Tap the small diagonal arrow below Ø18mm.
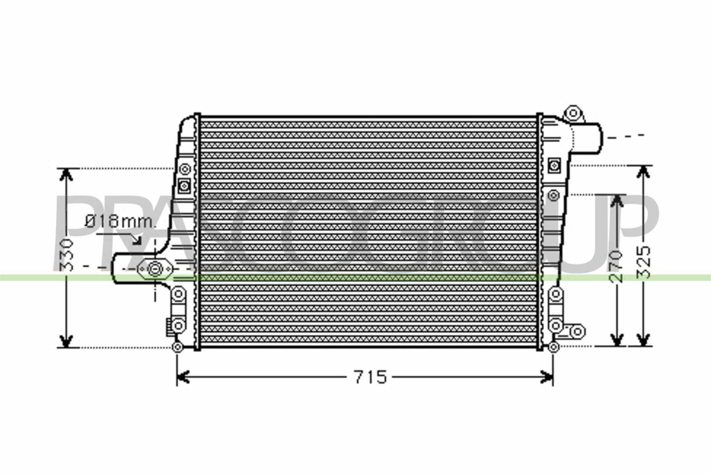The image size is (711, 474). click(x=137, y=240)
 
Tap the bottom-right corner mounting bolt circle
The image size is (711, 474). click(x=553, y=347)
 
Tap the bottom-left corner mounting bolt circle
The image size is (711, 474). click(x=177, y=347)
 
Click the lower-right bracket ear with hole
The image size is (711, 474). click(x=577, y=331)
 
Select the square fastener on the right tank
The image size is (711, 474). click(x=554, y=165)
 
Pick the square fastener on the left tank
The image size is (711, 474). click(x=184, y=186)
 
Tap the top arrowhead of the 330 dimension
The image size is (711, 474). click(x=66, y=174)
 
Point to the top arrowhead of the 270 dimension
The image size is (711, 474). click(x=617, y=201)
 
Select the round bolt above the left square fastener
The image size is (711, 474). click(x=185, y=169)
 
